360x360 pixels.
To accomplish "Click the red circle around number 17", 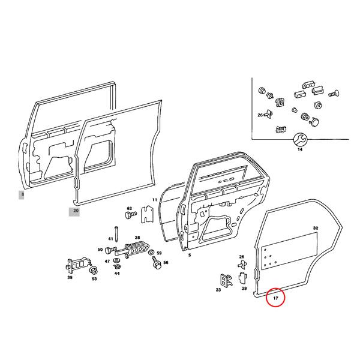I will pos(275,297).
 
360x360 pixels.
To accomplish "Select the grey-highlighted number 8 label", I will pos(22,194).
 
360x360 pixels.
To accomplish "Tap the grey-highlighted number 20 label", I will pos(76,211).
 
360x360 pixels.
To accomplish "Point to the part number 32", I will pos(315,229).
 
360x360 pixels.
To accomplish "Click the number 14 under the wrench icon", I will pos(300,151).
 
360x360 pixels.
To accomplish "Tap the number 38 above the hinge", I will pos(137,238).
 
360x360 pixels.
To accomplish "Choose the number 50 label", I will pos(100,249).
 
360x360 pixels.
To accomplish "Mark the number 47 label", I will pos(107,262).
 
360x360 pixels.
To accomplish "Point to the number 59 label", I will pos(159,253).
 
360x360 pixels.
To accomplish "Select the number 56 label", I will pos(166,263).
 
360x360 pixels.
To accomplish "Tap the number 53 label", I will pos(94,278).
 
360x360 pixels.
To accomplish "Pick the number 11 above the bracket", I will pos(154,200).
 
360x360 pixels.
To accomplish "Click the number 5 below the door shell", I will pos(190,255).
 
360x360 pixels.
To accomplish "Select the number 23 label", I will pos(218,290).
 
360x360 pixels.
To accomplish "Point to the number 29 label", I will pos(244,289).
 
